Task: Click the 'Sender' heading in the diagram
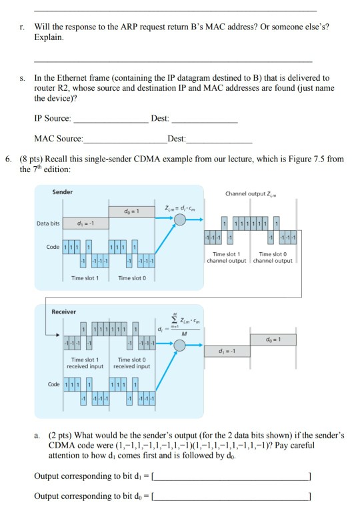tap(63, 191)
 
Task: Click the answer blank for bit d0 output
tap(231, 497)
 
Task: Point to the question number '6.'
tap(7, 160)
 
